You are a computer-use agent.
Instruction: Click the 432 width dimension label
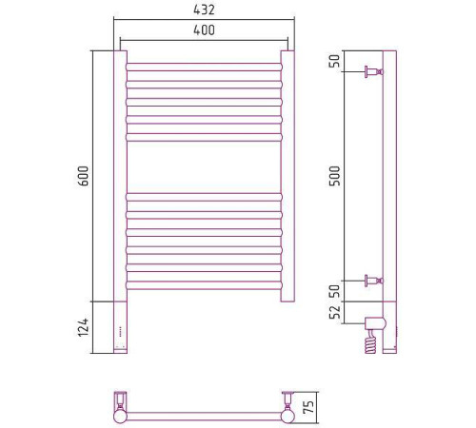click(x=204, y=10)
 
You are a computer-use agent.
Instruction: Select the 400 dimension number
click(x=204, y=30)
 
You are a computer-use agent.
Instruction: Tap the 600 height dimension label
click(x=84, y=176)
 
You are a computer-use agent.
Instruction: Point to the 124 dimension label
click(x=84, y=327)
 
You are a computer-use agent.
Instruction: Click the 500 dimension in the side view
click(x=334, y=176)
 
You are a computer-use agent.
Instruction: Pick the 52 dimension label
click(x=334, y=312)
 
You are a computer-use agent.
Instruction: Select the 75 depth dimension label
click(x=308, y=407)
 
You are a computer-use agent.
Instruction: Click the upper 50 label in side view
click(x=334, y=61)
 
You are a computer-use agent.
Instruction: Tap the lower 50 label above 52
click(x=334, y=291)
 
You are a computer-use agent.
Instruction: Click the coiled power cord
click(x=370, y=342)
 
